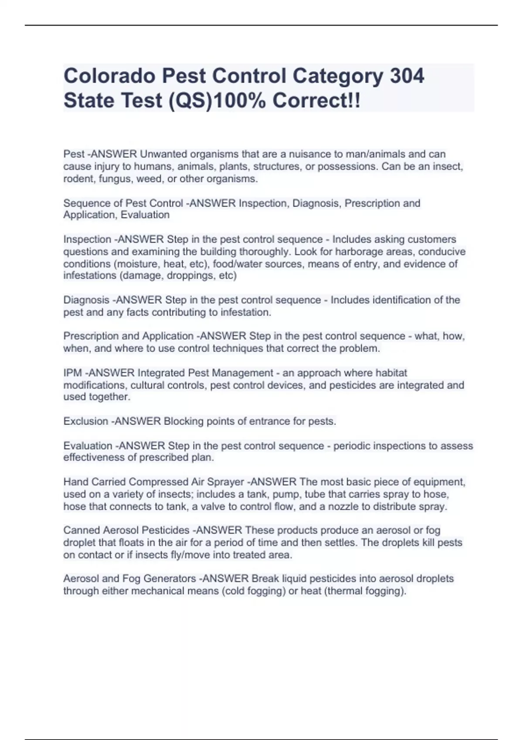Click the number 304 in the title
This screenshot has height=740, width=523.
pos(406,76)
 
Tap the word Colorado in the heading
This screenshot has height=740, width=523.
pos(109,76)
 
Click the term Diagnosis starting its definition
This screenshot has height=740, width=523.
pos(86,300)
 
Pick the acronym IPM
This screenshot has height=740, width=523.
pos(72,373)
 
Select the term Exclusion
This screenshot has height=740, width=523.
pos(85,421)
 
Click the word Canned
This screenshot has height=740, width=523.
pos(82,530)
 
